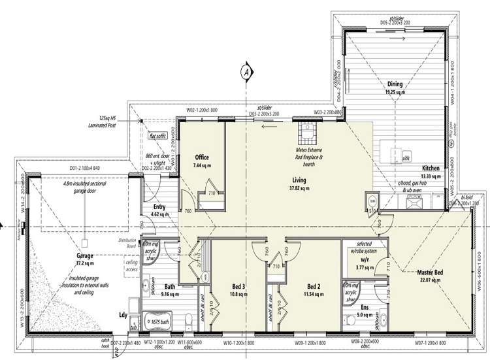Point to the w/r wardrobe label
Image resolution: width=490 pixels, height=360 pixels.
[362, 259]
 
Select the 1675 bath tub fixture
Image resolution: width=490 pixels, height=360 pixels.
[158, 323]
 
